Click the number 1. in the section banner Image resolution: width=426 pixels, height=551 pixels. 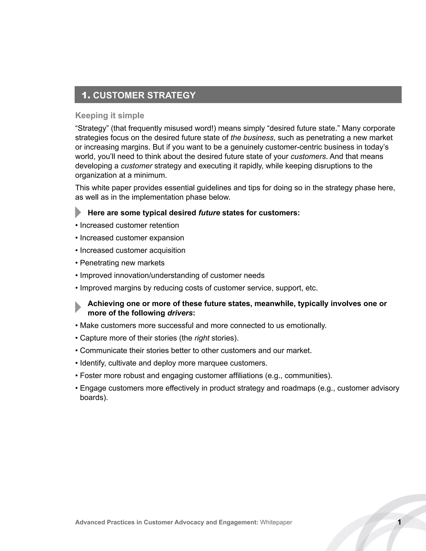coord(86,95)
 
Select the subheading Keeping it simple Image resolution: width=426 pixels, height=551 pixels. coord(110,116)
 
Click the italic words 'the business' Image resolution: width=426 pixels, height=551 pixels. coord(252,138)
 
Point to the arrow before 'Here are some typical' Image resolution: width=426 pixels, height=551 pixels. coord(78,212)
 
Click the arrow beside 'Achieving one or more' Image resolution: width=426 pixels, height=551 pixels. coord(78,307)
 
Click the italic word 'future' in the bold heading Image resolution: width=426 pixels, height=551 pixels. coord(209,213)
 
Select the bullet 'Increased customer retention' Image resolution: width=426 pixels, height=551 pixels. coord(129,225)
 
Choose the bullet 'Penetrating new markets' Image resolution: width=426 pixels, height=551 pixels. coord(122,263)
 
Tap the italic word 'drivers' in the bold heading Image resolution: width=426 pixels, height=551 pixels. coord(180,313)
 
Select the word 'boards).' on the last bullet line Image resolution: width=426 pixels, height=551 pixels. coord(94,398)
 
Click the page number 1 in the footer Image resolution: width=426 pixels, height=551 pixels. coord(399,522)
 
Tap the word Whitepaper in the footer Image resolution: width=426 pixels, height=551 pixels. coord(276,522)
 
